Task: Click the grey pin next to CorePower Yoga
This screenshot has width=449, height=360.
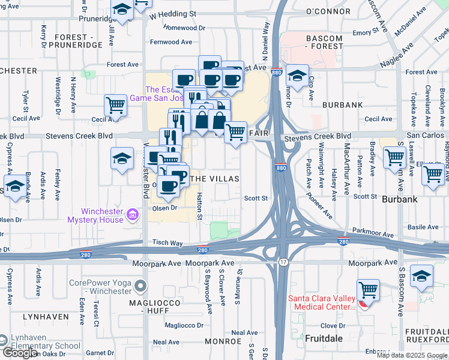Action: click(x=140, y=286)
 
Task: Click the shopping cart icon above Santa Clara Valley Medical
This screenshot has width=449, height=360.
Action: click(x=368, y=291)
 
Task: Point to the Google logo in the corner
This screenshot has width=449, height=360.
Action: click(x=19, y=353)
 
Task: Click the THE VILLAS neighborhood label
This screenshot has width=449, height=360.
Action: click(x=214, y=179)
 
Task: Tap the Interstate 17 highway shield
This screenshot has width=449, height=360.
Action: click(x=282, y=262)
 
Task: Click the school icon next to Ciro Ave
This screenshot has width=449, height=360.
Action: click(x=297, y=75)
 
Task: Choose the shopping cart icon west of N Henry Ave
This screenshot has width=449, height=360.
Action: click(x=115, y=106)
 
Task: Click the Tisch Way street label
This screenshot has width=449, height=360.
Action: click(x=167, y=243)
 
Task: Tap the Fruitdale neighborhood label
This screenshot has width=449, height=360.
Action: click(x=324, y=338)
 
